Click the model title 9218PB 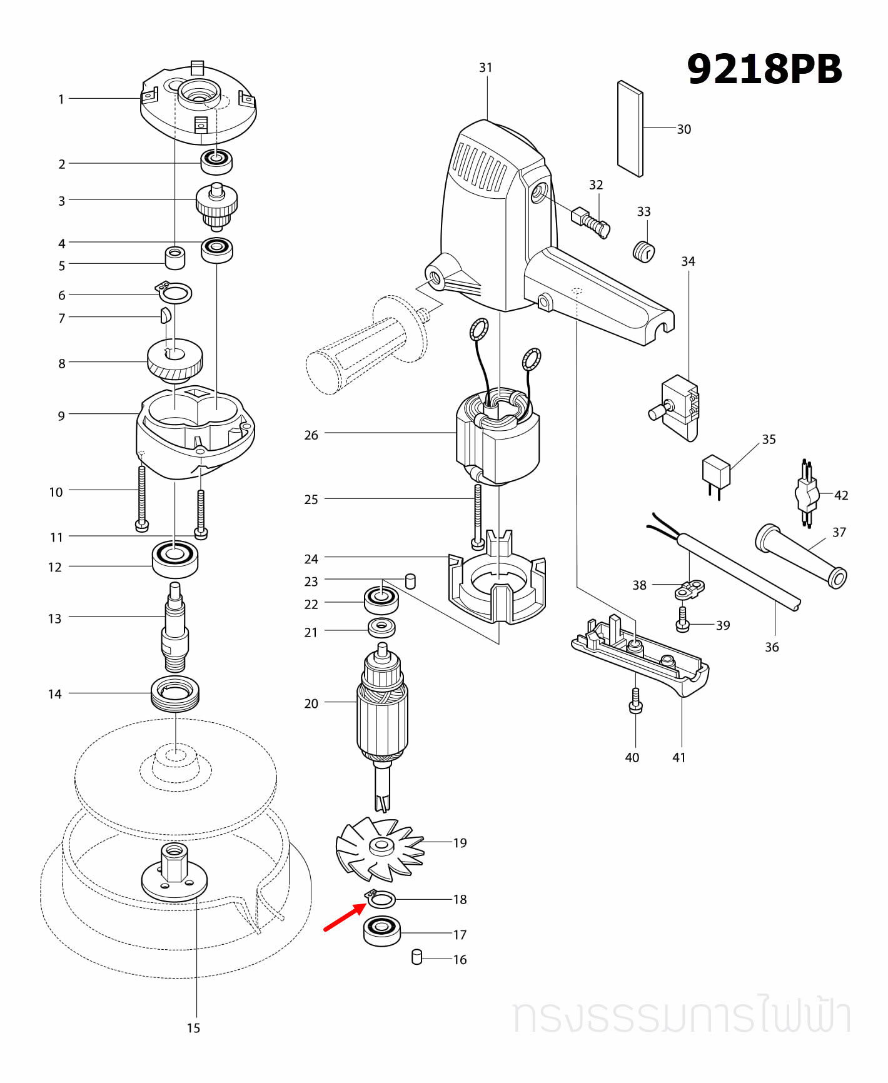[x=764, y=69]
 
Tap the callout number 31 [x=486, y=68]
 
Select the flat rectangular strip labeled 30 [x=630, y=129]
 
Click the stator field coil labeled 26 [x=498, y=438]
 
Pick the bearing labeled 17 [x=381, y=931]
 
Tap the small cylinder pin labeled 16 [x=417, y=957]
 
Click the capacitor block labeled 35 [x=716, y=472]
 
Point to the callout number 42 [x=841, y=495]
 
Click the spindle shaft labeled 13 [x=175, y=628]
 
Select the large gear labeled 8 [x=174, y=360]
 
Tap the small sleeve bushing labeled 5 [x=174, y=258]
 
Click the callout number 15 [x=193, y=1028]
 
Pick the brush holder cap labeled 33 [x=643, y=251]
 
